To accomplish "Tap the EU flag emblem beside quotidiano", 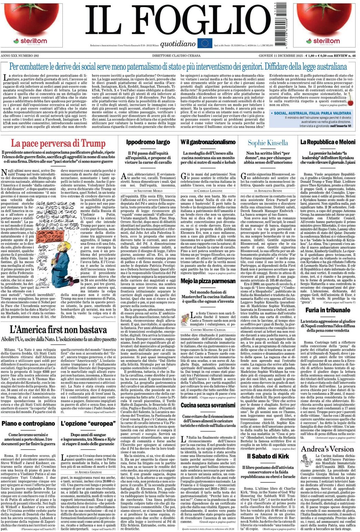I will [205, 43].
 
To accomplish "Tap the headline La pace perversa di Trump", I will [58, 143].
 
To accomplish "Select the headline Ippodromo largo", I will [148, 142].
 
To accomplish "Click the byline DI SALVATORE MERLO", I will [148, 190].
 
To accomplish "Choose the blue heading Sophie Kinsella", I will [268, 143].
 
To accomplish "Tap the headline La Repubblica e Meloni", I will [328, 142].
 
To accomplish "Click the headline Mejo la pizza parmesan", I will [208, 281].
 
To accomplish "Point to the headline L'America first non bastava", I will [58, 330].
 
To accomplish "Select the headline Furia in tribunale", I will [328, 310].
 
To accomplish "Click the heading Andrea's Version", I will [327, 449].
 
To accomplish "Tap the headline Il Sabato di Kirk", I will [268, 456].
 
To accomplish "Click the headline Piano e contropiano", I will [28, 423].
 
